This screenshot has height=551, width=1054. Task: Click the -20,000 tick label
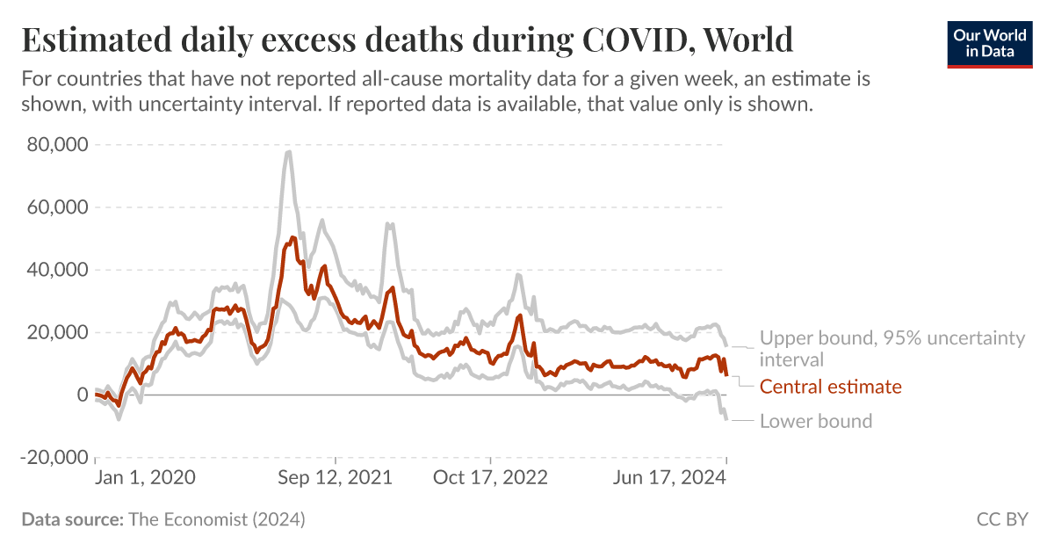point(53,458)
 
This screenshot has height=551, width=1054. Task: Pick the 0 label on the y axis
point(83,395)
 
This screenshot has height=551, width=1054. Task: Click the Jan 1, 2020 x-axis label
point(146,477)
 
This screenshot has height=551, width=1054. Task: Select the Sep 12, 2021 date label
point(336,477)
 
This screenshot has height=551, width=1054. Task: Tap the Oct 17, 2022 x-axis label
point(491,477)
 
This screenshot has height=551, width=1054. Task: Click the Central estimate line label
point(830,387)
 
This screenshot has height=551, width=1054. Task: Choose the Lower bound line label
point(816,421)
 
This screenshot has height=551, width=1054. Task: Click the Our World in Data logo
point(989,43)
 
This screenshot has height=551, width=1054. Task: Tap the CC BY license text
point(1001,519)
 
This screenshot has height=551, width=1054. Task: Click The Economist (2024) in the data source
point(217,519)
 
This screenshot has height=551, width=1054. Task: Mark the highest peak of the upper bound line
point(288,151)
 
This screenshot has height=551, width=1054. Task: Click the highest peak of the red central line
point(293,237)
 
